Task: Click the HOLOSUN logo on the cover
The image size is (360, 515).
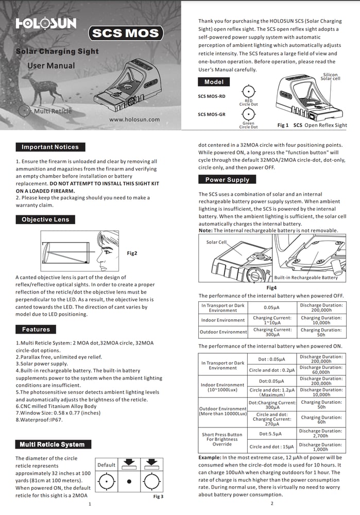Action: pyautogui.click(x=46, y=23)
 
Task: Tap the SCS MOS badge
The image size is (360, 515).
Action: pyautogui.click(x=126, y=34)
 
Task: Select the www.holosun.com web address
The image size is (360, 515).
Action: pyautogui.click(x=134, y=119)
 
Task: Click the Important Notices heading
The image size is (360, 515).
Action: pyautogui.click(x=50, y=147)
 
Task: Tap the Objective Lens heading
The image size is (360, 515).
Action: pyautogui.click(x=45, y=219)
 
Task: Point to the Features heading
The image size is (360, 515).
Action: pyautogui.click(x=36, y=329)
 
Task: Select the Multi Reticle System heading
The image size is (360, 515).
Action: pyautogui.click(x=52, y=444)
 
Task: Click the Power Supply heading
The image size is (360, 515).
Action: pyautogui.click(x=227, y=180)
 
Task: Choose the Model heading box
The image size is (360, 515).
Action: pyautogui.click(x=214, y=82)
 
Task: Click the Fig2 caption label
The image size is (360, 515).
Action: pyautogui.click(x=132, y=253)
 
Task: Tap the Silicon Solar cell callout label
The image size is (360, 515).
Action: pyautogui.click(x=330, y=77)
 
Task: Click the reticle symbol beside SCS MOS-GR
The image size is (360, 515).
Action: pyautogui.click(x=248, y=114)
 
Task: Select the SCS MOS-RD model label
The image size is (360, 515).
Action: pyautogui.click(x=211, y=96)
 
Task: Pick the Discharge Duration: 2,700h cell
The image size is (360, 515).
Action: pyautogui.click(x=320, y=433)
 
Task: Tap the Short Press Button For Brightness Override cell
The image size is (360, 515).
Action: pyautogui.click(x=222, y=439)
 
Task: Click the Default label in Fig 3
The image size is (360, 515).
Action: pyautogui.click(x=107, y=465)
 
